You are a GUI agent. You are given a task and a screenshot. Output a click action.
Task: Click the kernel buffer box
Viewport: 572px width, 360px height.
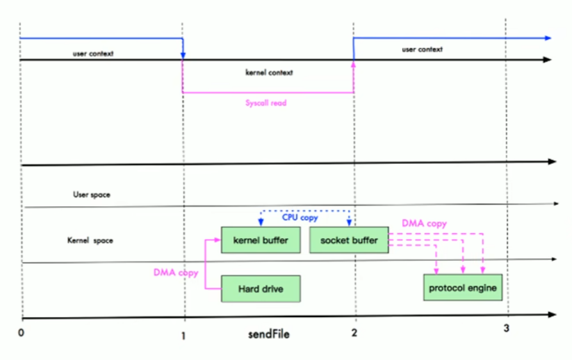click(x=260, y=240)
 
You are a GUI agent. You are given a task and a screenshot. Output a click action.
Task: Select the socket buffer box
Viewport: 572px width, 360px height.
click(x=348, y=240)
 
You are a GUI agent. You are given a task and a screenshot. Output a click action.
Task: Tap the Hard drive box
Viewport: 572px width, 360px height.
click(x=260, y=289)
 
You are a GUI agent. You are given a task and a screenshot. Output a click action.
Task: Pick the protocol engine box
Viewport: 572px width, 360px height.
click(x=462, y=288)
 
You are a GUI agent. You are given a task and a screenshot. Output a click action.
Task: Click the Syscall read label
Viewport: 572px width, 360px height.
click(x=266, y=102)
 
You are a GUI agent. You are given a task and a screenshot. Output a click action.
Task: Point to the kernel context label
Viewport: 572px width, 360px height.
click(x=269, y=72)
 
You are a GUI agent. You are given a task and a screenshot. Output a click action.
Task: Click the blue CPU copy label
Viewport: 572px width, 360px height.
click(x=300, y=218)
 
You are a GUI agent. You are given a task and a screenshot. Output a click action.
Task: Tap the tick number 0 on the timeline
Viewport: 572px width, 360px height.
click(x=21, y=334)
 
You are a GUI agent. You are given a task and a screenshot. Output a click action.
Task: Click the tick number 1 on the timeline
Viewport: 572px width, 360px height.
click(x=184, y=334)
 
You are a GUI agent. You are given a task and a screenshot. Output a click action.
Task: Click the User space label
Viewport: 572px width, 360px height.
click(x=92, y=194)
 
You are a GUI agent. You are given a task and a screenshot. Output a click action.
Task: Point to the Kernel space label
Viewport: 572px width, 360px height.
click(x=90, y=241)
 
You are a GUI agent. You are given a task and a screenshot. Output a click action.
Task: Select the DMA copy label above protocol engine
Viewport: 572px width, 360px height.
click(x=424, y=224)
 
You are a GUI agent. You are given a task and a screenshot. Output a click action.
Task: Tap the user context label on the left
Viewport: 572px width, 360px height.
click(x=93, y=54)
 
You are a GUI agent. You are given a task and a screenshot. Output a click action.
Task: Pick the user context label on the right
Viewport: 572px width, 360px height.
click(x=422, y=49)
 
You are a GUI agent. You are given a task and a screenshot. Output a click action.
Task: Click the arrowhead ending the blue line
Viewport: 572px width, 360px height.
click(x=548, y=38)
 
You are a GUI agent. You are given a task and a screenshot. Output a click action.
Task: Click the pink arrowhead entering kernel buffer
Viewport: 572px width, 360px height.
click(x=217, y=240)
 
